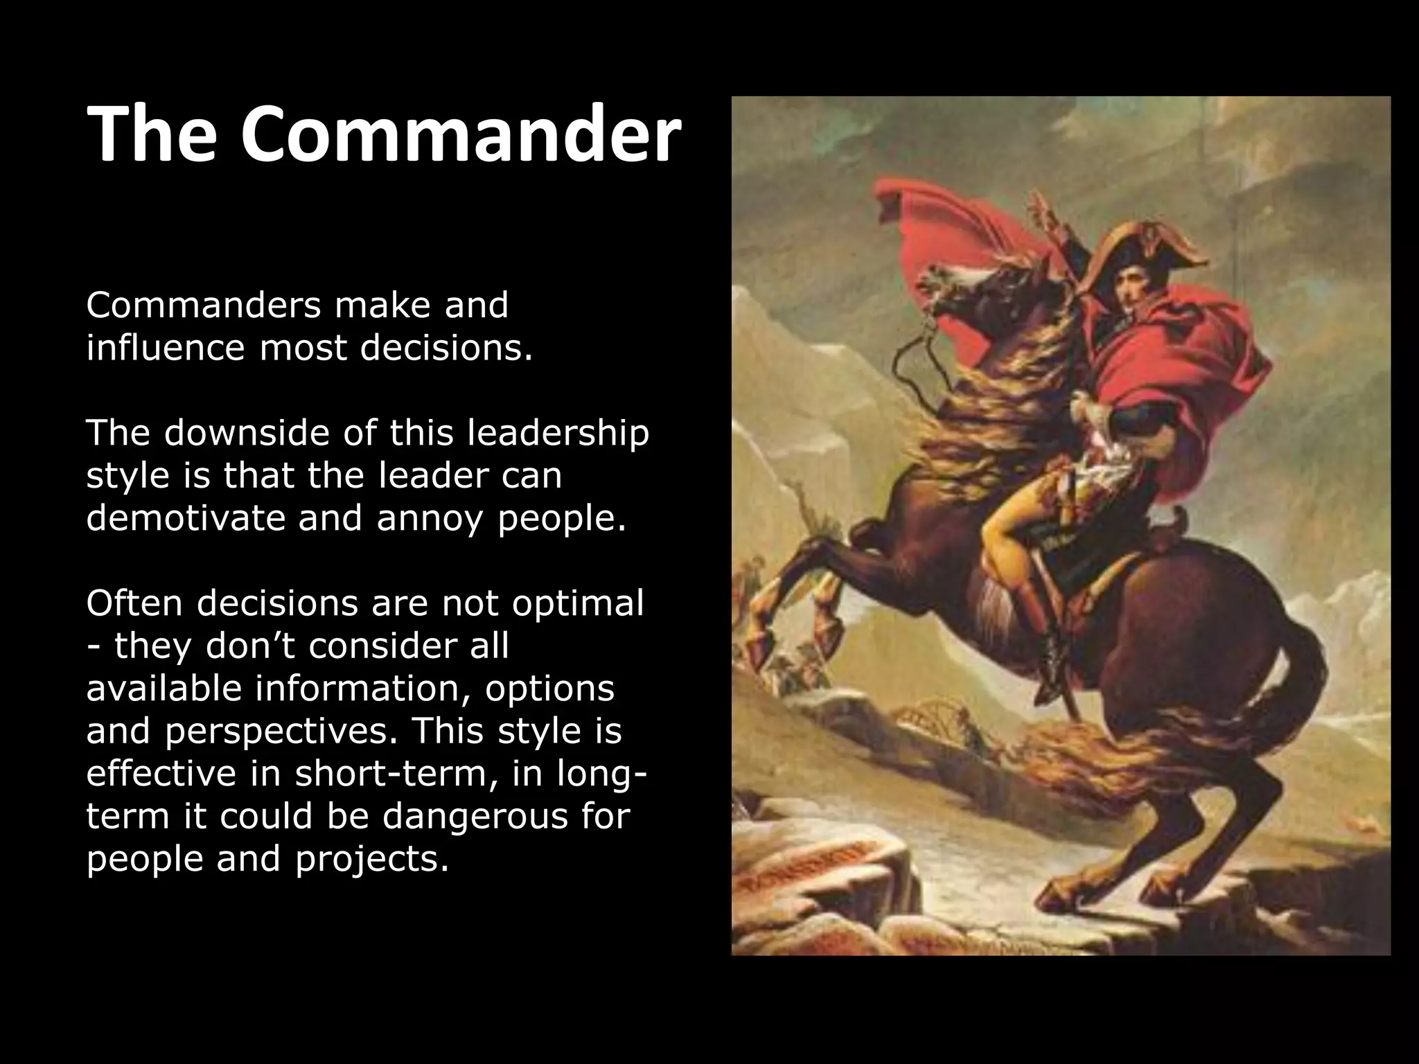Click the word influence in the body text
[x=165, y=348]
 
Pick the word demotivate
[x=185, y=518]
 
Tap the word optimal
[x=578, y=605]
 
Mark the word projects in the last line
[x=371, y=860]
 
